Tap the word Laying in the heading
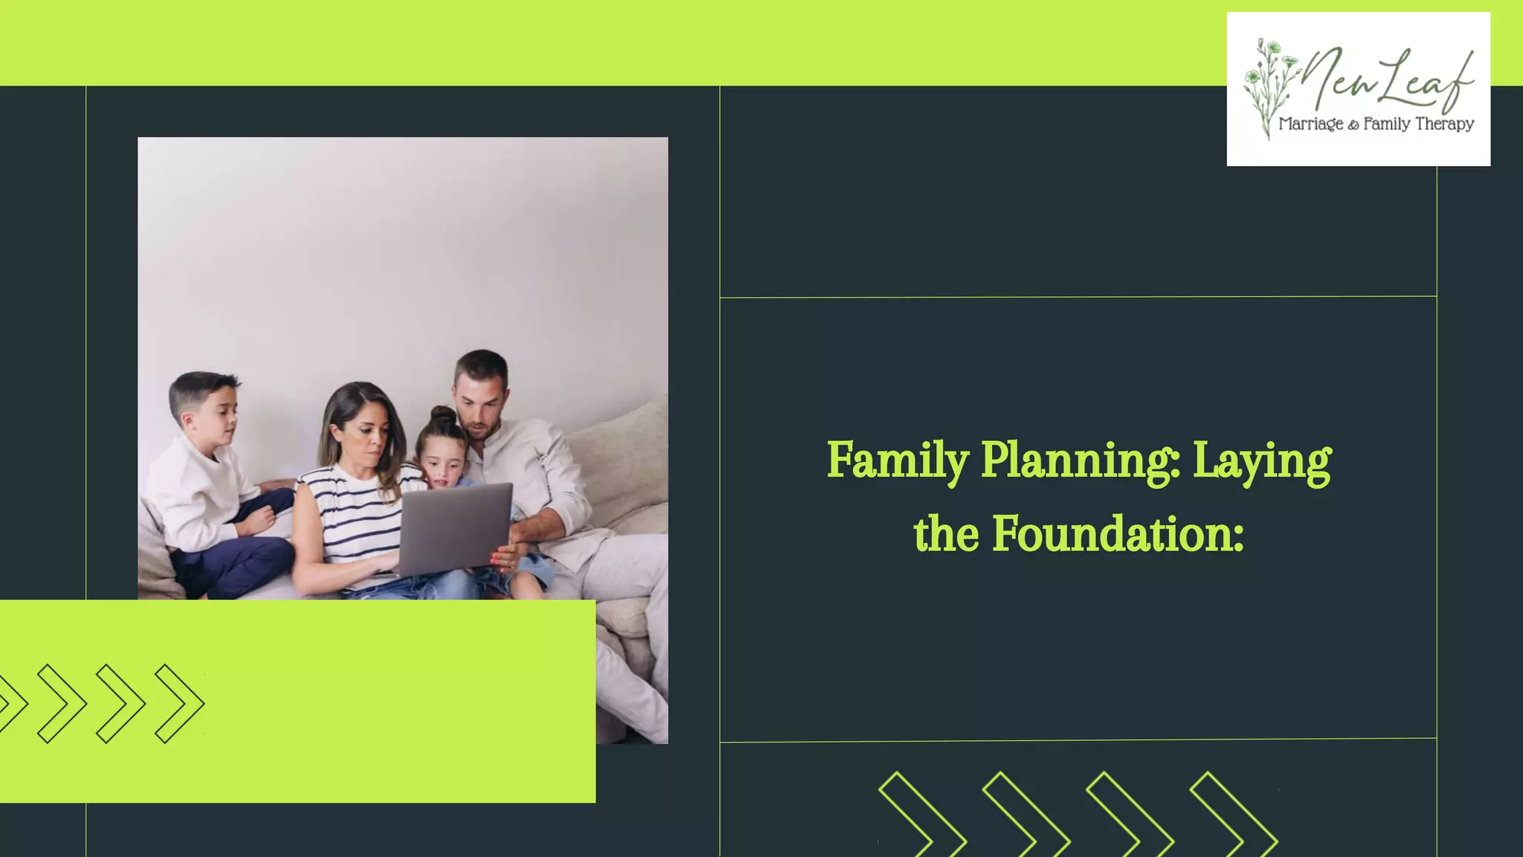[1262, 461]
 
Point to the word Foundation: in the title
[1118, 534]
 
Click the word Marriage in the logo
[1310, 124]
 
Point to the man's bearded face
[480, 409]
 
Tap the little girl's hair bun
[443, 415]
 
